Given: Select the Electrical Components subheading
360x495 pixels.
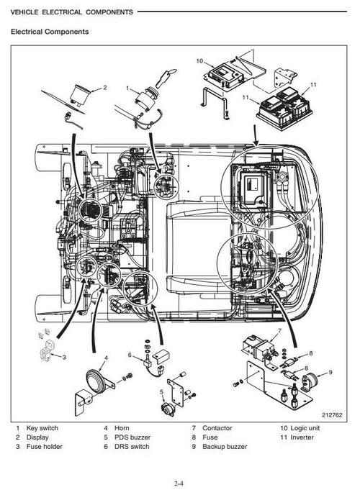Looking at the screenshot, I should click(49, 32).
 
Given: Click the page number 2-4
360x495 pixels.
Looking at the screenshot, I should click(179, 483).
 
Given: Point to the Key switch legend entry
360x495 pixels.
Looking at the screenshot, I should click(42, 428).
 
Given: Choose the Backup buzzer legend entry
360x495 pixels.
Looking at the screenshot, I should click(224, 447).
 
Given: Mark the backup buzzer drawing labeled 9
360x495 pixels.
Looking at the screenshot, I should click(312, 382).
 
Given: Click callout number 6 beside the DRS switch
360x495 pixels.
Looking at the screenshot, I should click(130, 355).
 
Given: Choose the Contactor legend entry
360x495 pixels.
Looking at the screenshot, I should click(217, 428).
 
